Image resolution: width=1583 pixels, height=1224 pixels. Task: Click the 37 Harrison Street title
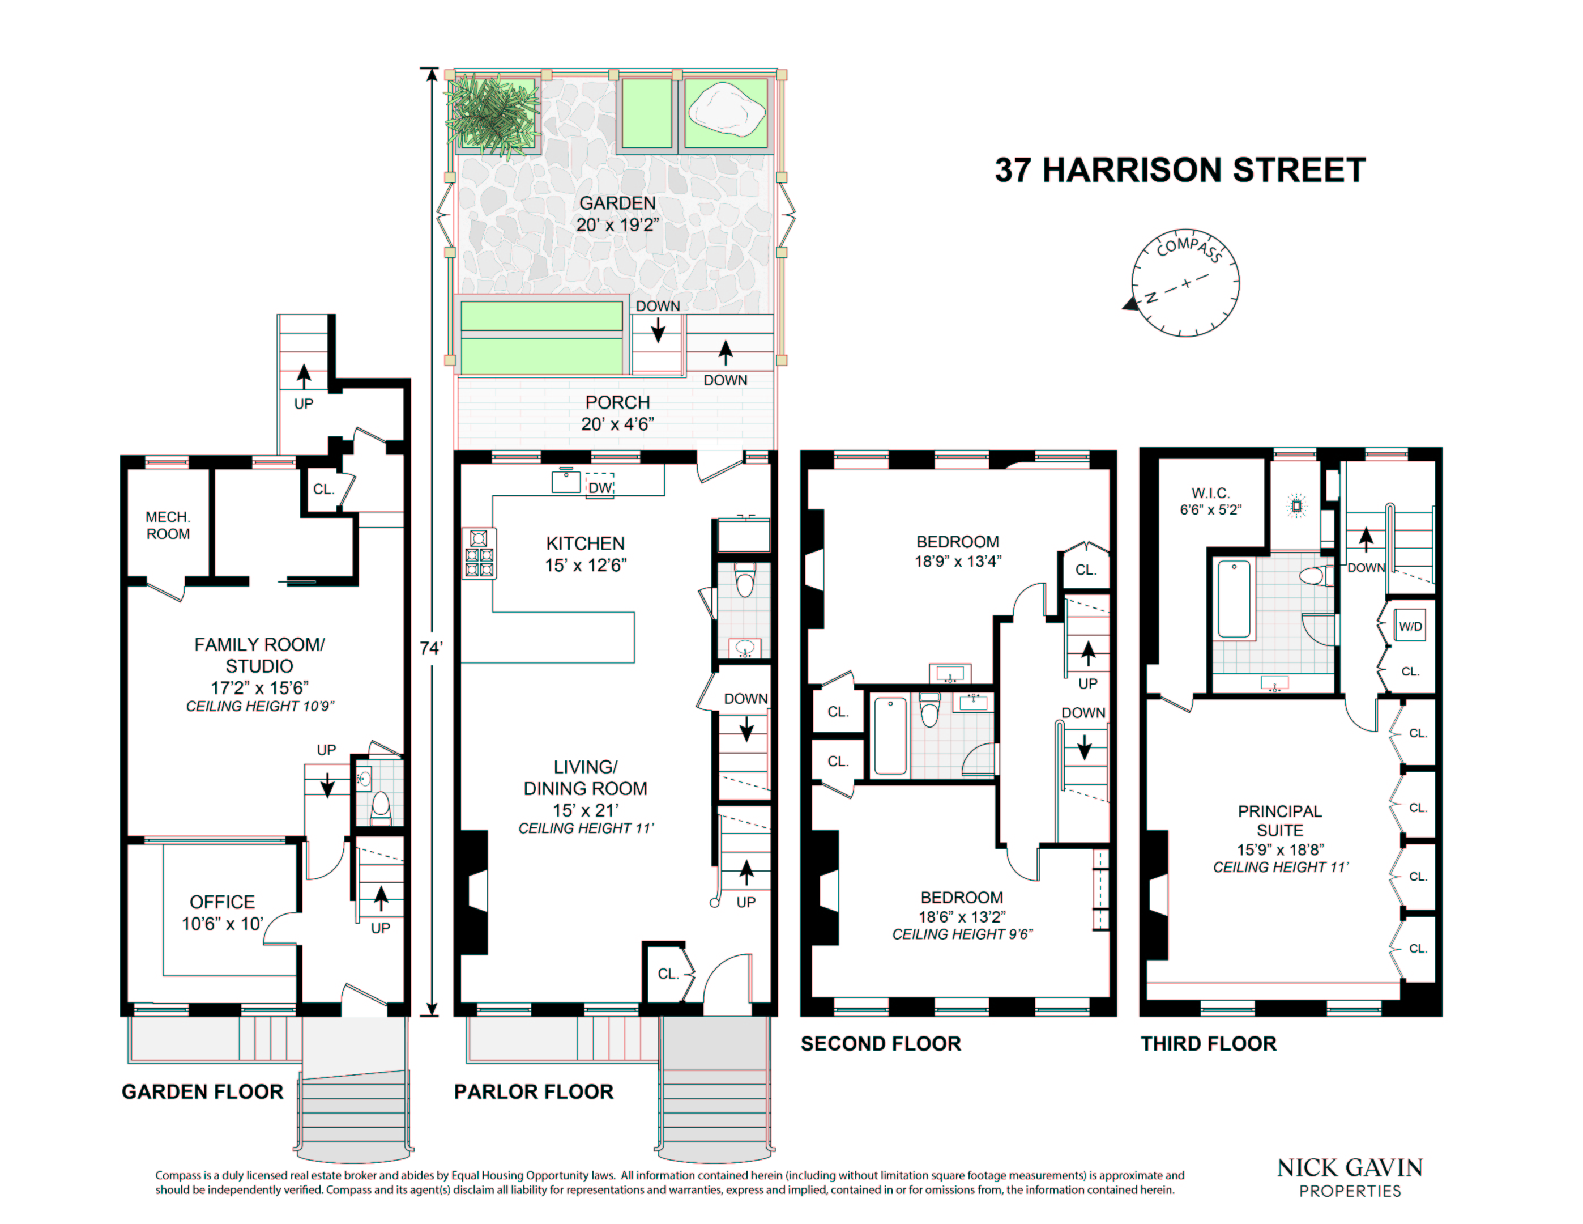coord(1179,171)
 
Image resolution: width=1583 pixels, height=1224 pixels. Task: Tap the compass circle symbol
coord(1185,283)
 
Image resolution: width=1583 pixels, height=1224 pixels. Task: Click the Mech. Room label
coord(168,525)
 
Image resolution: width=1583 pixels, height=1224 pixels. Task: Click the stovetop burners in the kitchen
coord(479,553)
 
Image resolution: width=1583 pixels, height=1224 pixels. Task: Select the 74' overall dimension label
coord(430,648)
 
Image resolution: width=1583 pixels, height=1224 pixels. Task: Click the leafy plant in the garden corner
coord(493,116)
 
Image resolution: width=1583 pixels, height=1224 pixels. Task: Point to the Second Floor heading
coord(880,1043)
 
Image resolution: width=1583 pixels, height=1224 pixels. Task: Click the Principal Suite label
coord(1279,820)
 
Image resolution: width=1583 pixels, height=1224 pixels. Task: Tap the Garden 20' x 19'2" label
coord(617,213)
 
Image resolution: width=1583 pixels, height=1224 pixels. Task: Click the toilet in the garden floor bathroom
coord(380,806)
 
